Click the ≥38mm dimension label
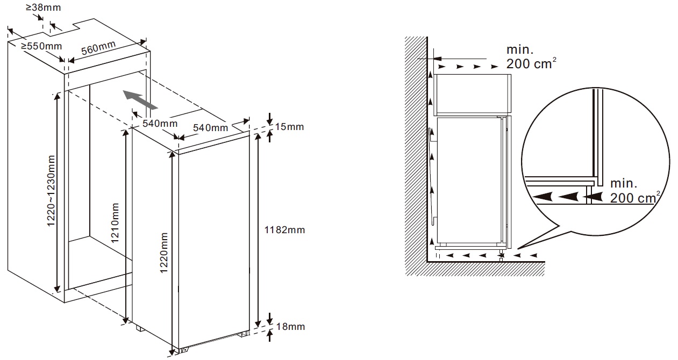[x=44, y=8]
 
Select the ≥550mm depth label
[x=41, y=46]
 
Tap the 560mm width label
[x=98, y=48]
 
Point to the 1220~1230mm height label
[x=51, y=191]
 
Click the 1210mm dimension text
[x=115, y=223]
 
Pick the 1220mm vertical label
[x=164, y=253]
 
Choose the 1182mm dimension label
[x=284, y=230]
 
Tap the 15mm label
[x=289, y=126]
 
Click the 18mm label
[x=290, y=327]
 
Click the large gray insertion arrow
[x=140, y=99]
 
